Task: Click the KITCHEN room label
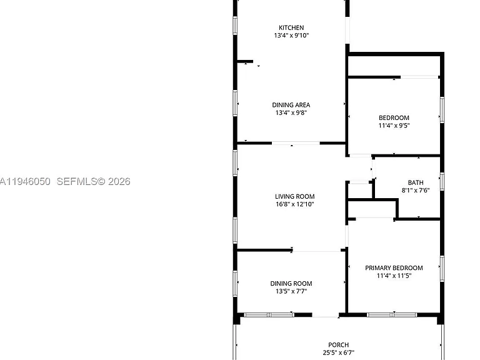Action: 291,27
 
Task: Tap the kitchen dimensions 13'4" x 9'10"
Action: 291,36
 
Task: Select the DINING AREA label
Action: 291,105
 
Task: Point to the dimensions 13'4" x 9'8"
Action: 291,112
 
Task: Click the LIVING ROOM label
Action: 295,196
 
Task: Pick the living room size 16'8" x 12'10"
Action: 295,204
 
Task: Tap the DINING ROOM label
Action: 291,284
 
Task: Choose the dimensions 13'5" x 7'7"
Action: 291,291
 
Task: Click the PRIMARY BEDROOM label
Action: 394,268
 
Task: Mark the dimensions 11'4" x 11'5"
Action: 394,276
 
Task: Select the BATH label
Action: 416,182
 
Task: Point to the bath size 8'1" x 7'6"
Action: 416,191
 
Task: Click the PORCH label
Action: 339,345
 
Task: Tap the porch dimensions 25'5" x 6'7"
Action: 339,352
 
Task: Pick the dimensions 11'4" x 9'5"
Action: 394,126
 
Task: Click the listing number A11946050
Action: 25,181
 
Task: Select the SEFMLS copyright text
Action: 93,181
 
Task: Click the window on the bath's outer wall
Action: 442,181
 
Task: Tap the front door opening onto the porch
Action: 326,315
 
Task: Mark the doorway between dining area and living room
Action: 296,143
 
